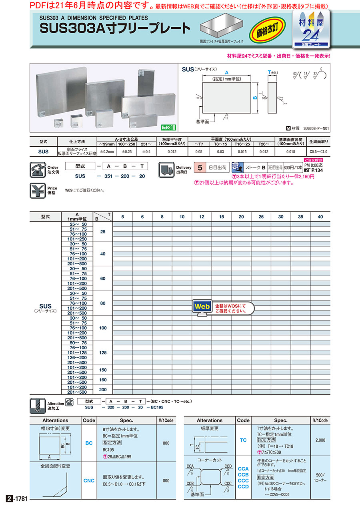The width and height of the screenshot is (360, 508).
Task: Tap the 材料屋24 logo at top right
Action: pyautogui.click(x=313, y=29)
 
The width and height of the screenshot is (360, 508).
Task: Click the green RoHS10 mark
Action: pyautogui.click(x=168, y=127)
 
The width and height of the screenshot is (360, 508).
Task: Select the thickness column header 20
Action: pyautogui.click(x=241, y=217)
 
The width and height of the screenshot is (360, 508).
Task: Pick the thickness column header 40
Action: pyautogui.click(x=320, y=217)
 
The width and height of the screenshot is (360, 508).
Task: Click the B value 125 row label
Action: pyautogui.click(x=103, y=353)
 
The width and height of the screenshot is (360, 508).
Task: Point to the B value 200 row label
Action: pyautogui.click(x=103, y=390)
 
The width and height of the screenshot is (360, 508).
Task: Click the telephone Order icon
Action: pyautogui.click(x=38, y=170)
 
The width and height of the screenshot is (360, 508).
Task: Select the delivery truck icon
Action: pyautogui.click(x=167, y=170)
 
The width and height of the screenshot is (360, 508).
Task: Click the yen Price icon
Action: pyautogui.click(x=38, y=191)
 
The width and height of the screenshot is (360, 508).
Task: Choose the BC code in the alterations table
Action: pyautogui.click(x=89, y=443)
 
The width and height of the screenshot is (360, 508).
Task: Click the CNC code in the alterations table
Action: pyautogui.click(x=89, y=480)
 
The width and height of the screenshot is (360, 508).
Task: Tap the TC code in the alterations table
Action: pyautogui.click(x=243, y=440)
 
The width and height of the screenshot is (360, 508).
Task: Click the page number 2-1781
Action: pyautogui.click(x=17, y=499)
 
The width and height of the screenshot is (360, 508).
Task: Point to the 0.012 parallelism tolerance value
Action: pyautogui.click(x=171, y=152)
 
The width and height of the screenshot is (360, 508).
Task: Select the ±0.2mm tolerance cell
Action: pyautogui.click(x=107, y=152)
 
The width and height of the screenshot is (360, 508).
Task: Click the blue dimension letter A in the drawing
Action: pyautogui.click(x=226, y=73)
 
